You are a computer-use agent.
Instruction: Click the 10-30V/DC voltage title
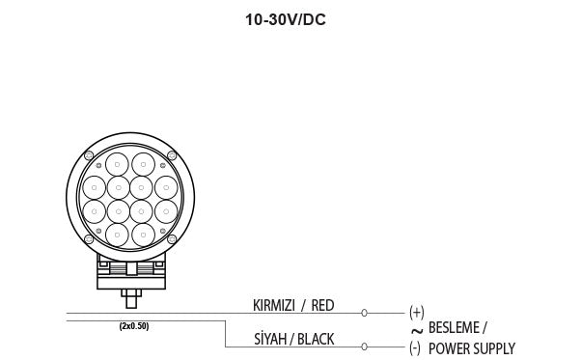(286, 19)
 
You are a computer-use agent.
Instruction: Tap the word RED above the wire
(322, 306)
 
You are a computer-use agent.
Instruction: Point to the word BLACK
(316, 339)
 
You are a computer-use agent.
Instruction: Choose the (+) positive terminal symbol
(417, 313)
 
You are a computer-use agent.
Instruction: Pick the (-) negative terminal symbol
(415, 348)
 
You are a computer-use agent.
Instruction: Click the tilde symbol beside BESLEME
(417, 331)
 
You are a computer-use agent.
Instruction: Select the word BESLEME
(454, 327)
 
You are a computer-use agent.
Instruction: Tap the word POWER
(449, 348)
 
